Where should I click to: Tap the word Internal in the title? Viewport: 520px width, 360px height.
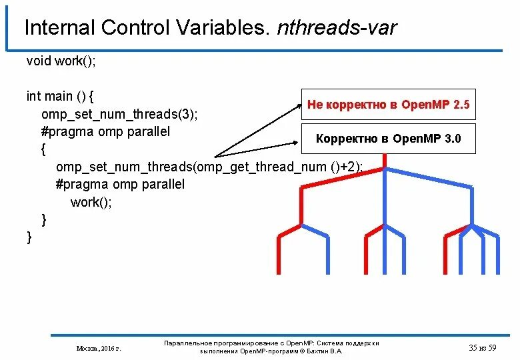[59, 28]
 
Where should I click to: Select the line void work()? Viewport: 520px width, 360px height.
[61, 61]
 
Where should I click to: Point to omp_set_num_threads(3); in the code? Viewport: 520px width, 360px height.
[119, 114]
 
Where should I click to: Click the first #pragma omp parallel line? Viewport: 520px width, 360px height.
[105, 131]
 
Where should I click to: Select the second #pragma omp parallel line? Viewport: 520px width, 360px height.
[120, 184]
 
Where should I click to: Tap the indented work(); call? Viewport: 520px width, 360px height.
[91, 202]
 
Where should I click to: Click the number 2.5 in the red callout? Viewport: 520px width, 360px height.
[461, 105]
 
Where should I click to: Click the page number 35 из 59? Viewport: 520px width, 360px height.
[483, 347]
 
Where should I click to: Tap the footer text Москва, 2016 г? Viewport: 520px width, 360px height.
[98, 348]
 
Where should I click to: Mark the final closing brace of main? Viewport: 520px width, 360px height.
[29, 237]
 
